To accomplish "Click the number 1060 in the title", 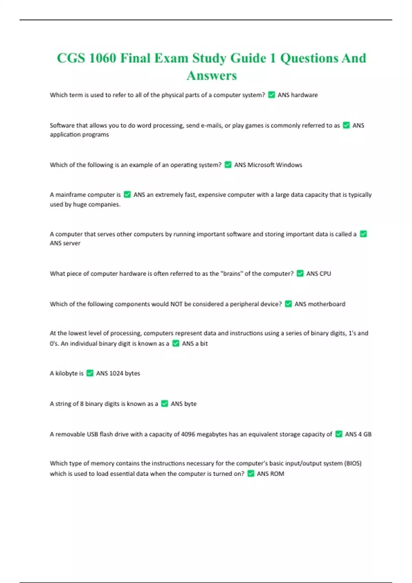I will tap(102, 58).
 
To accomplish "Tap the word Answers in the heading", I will tap(212, 75).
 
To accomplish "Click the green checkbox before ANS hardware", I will tap(272, 95).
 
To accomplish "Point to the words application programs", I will tap(79, 134).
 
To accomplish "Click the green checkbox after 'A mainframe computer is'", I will tap(127, 194).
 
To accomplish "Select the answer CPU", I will tap(324, 274).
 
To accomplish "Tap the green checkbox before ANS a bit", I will tap(176, 343).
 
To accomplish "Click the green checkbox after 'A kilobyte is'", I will tap(90, 373).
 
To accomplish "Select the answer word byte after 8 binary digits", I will tap(190, 404).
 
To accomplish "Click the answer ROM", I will tap(277, 474).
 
